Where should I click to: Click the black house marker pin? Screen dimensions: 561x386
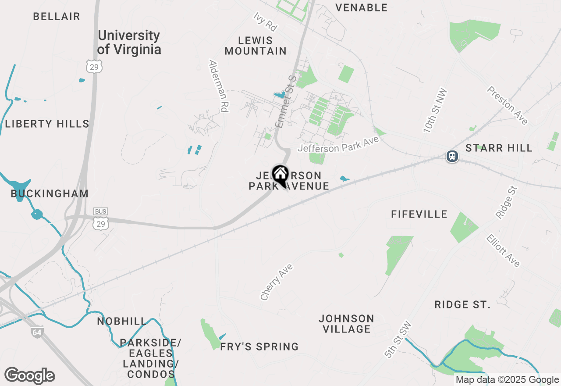[x=280, y=175]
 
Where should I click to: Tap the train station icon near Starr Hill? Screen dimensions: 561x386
[x=452, y=156]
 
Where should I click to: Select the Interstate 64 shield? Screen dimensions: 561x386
[x=37, y=332]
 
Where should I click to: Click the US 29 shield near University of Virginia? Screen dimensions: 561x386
[x=94, y=66]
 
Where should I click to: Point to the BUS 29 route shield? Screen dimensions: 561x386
[x=101, y=220]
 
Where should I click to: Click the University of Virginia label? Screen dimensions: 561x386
[x=129, y=42]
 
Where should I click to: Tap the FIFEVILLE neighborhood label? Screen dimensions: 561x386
[x=419, y=214]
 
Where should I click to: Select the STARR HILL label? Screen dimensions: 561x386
[x=499, y=148]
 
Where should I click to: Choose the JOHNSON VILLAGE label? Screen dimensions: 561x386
[x=346, y=324]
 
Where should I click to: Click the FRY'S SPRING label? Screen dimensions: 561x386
[x=259, y=347]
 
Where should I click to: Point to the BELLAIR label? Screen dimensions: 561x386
[x=57, y=17]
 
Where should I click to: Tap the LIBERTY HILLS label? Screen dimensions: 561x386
[x=47, y=124]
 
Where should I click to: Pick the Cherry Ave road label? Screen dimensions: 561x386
[x=276, y=282]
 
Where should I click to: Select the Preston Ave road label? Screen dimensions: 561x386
[x=508, y=105]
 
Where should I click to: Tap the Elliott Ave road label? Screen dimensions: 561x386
[x=503, y=250]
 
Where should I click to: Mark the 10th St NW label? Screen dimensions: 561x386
[x=435, y=111]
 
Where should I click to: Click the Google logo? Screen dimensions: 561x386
[x=29, y=375]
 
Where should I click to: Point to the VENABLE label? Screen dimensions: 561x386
[x=361, y=7]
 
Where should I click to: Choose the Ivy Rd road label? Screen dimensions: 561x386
[x=266, y=21]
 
